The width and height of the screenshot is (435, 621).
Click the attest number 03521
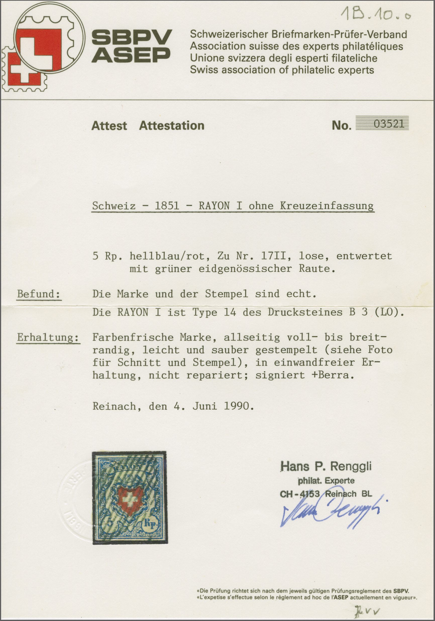(389, 124)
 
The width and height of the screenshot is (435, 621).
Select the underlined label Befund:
(39, 294)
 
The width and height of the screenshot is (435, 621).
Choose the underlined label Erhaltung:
(48, 338)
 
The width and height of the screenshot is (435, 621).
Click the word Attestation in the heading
(172, 126)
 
